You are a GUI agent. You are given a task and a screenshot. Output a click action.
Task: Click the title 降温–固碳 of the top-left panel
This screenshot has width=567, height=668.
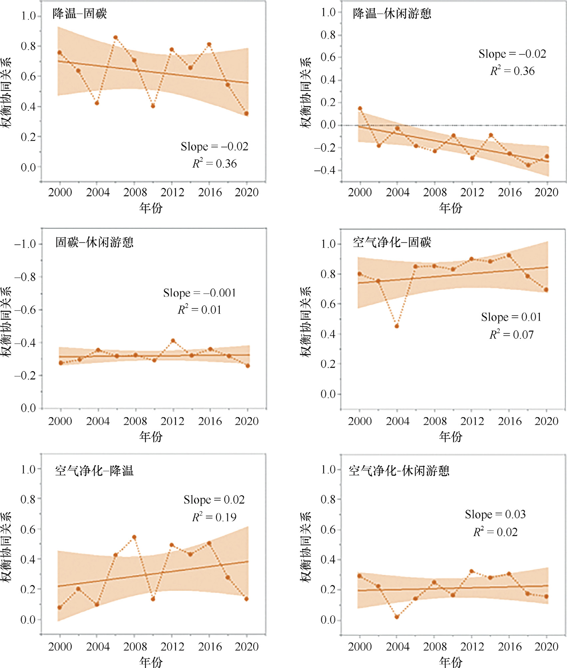pos(80,14)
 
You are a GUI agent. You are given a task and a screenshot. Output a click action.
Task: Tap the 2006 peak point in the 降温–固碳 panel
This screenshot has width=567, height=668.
pos(116,38)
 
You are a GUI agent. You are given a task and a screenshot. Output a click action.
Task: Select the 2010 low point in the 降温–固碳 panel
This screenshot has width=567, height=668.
pos(153,106)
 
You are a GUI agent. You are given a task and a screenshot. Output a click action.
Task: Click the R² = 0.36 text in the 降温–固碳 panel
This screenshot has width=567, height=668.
pos(214,163)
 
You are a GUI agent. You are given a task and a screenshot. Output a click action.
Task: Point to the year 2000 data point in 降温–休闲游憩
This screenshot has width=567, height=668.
pos(360,109)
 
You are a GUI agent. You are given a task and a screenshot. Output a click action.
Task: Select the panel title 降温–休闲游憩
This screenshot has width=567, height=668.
pos(392,14)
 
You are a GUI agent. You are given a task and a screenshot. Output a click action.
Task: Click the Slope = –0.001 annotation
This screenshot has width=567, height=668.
pos(199,293)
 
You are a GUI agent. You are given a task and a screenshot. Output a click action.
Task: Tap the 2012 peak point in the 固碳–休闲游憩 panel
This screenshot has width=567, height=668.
pos(173,341)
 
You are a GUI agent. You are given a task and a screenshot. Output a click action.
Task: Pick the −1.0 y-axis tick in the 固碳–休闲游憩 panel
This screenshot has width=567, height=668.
pos(25,244)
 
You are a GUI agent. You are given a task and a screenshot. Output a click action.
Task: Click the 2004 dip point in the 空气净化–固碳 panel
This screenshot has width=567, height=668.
pos(397,326)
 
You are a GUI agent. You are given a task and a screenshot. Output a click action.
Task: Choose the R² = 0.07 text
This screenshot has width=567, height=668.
pos(511,334)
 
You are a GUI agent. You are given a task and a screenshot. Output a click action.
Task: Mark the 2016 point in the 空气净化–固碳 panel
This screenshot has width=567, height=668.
pos(509,255)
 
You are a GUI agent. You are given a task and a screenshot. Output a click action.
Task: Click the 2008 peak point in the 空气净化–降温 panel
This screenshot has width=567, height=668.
pos(134,537)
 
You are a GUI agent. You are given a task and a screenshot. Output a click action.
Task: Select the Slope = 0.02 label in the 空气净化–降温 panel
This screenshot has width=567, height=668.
pos(214,500)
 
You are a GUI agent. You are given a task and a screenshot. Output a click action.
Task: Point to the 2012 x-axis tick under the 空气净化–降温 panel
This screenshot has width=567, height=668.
pos(172,646)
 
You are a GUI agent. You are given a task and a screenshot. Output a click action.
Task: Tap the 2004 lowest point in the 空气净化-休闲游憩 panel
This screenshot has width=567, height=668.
pos(397,617)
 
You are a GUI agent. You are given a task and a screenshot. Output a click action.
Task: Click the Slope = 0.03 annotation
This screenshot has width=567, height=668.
pos(495,514)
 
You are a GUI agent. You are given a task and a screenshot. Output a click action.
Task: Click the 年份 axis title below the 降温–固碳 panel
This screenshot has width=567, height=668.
pos(151,208)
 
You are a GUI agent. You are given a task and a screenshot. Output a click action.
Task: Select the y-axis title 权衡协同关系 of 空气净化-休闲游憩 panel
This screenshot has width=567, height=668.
pos(305,547)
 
